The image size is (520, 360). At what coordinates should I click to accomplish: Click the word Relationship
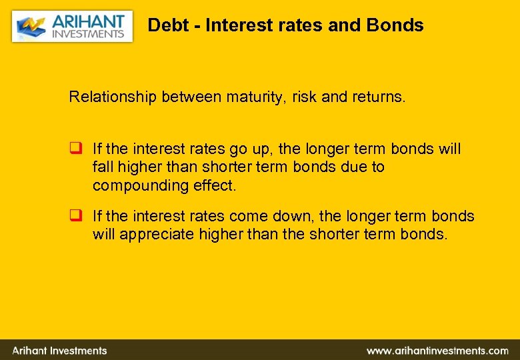pos(111,97)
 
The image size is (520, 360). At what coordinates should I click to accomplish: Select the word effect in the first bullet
pos(213,185)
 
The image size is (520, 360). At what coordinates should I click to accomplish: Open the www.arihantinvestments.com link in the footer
pos(437,350)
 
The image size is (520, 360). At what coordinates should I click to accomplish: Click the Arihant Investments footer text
pos(60,350)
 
